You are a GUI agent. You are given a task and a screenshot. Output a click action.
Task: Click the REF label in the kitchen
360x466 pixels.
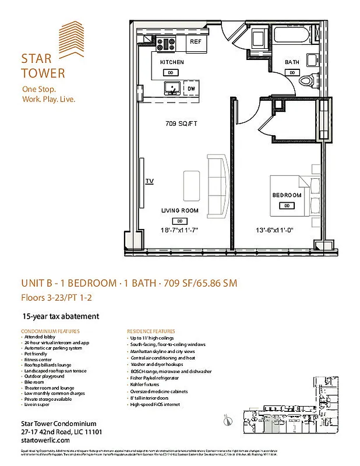pos(195,42)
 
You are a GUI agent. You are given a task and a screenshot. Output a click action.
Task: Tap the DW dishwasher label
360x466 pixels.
pos(191,89)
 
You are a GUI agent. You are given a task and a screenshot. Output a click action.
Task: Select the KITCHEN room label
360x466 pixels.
pos(172,62)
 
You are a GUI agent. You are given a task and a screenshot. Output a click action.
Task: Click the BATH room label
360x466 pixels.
pos(292,62)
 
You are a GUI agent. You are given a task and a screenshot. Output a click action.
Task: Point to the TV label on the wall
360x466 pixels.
pos(150,182)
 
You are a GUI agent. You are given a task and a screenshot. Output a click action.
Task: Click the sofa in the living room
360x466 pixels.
pos(216,185)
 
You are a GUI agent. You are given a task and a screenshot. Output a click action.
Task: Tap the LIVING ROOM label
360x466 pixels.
pos(180,211)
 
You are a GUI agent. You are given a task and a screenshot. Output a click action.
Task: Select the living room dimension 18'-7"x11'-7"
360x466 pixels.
pos(180,230)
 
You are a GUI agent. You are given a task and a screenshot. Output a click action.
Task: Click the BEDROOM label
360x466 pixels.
pos(287,195)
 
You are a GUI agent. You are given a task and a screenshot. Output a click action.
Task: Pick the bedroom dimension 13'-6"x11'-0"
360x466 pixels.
pos(274,230)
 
